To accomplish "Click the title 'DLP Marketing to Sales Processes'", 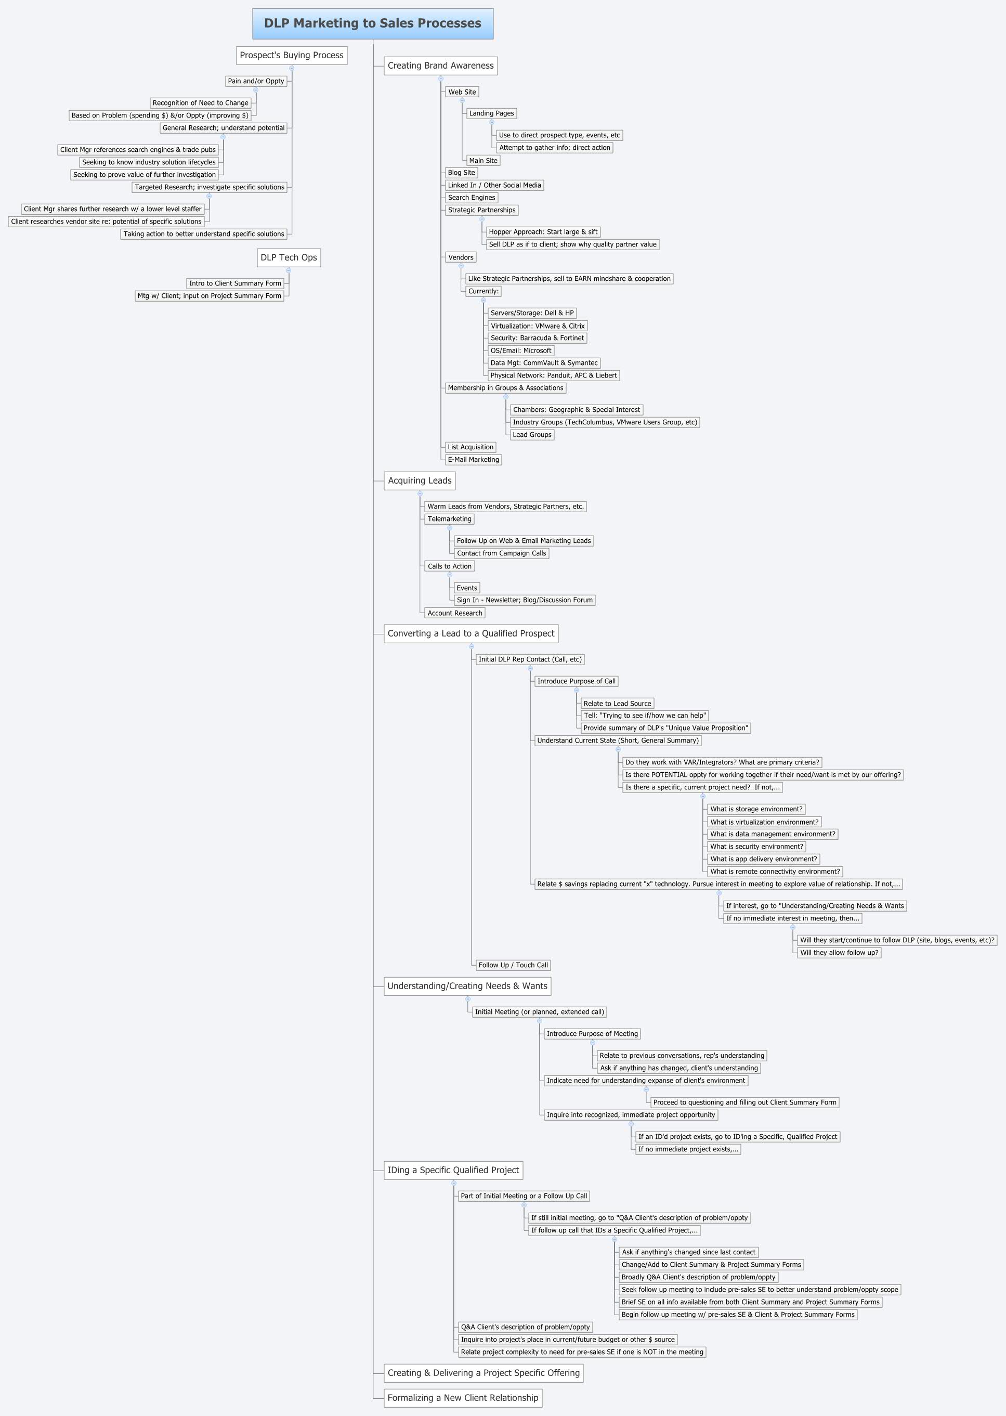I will pos(372,23).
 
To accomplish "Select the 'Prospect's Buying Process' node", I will pos(291,55).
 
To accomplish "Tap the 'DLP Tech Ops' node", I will pos(289,258).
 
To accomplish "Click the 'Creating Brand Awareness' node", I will pos(440,66).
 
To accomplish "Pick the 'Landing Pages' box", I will pos(491,113).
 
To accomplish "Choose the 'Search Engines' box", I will pos(472,198).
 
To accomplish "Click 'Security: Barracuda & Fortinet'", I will pos(537,338).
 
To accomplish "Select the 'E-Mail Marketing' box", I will pos(473,460).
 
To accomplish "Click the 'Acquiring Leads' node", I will pos(420,480).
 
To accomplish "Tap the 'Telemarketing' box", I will pos(449,519).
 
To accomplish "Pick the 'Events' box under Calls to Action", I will pos(466,588).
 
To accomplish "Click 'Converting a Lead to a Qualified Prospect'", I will pos(471,634).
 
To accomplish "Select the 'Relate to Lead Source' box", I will pos(617,704).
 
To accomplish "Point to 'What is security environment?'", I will pos(756,847).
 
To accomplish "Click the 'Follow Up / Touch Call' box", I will pos(513,965).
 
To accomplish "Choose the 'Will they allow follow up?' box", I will pos(839,953).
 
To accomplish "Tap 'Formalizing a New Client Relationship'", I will pos(463,1398).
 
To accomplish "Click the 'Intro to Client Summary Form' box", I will pos(235,284).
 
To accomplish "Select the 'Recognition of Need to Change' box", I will pos(200,103).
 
